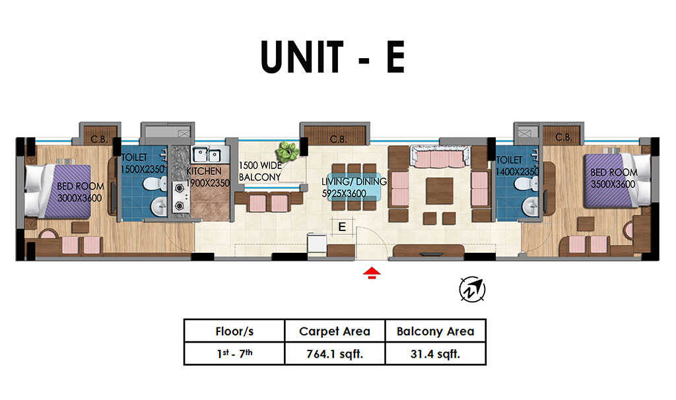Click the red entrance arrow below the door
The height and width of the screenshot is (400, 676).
(x=372, y=273)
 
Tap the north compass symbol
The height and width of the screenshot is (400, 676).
(x=472, y=289)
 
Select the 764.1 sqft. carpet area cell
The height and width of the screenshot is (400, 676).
(x=335, y=354)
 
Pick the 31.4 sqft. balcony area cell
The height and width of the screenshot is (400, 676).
(x=436, y=354)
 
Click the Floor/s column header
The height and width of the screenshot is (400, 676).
(x=234, y=331)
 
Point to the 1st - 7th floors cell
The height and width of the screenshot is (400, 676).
(x=234, y=353)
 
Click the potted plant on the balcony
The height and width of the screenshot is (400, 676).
(x=288, y=152)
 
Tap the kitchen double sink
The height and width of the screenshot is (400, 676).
(x=207, y=154)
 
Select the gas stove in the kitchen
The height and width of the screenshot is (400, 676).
(x=181, y=197)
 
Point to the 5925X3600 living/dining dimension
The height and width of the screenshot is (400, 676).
(x=343, y=193)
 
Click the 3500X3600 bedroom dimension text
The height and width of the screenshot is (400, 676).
(x=613, y=184)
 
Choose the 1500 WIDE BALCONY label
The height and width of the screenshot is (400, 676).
(x=260, y=171)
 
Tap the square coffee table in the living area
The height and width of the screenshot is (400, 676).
(x=439, y=191)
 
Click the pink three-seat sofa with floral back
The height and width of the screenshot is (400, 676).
(x=439, y=156)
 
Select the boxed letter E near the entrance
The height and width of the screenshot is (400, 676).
(x=342, y=226)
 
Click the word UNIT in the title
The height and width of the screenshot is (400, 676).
(x=302, y=57)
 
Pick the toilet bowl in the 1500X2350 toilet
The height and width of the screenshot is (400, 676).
(x=154, y=183)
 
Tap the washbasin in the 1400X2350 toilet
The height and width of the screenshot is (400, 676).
(x=530, y=207)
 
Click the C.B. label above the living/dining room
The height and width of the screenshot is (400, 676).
(x=338, y=139)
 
